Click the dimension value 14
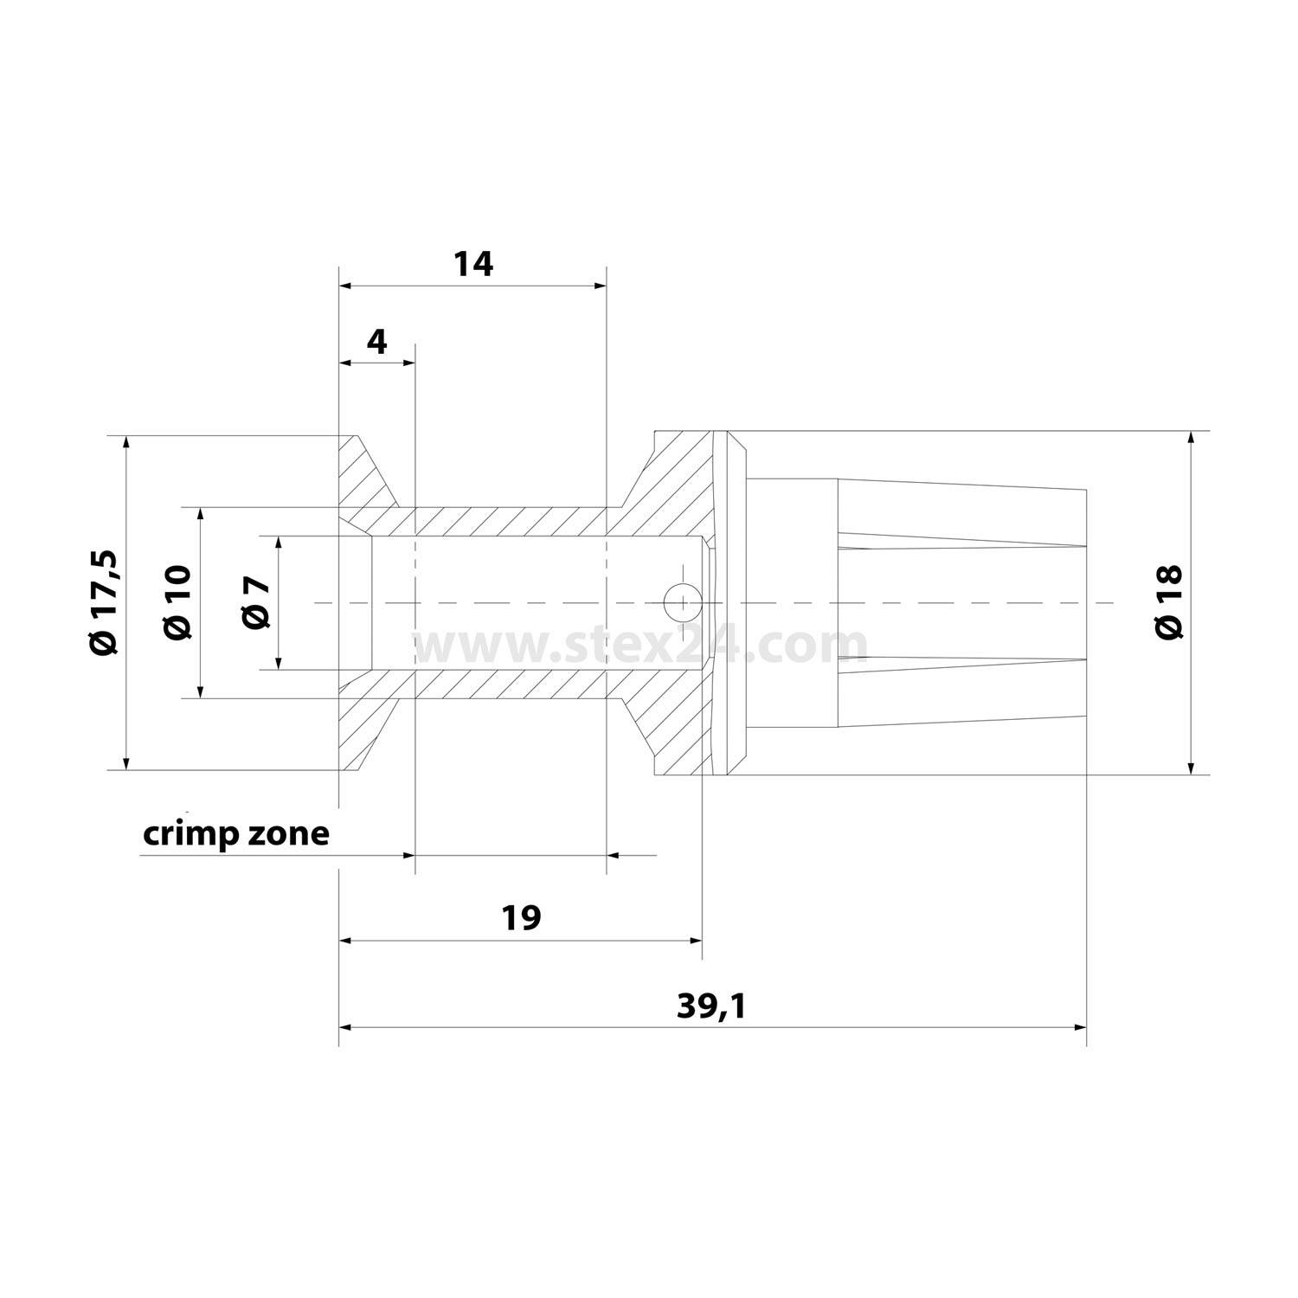pos(473,263)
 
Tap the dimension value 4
pos(377,343)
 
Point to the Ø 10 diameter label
pos(177,602)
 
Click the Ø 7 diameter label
pos(257,603)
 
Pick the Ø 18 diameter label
pos(1168,602)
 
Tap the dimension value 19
pos(521,917)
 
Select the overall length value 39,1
pos(711,1006)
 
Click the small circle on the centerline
pos(682,601)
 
